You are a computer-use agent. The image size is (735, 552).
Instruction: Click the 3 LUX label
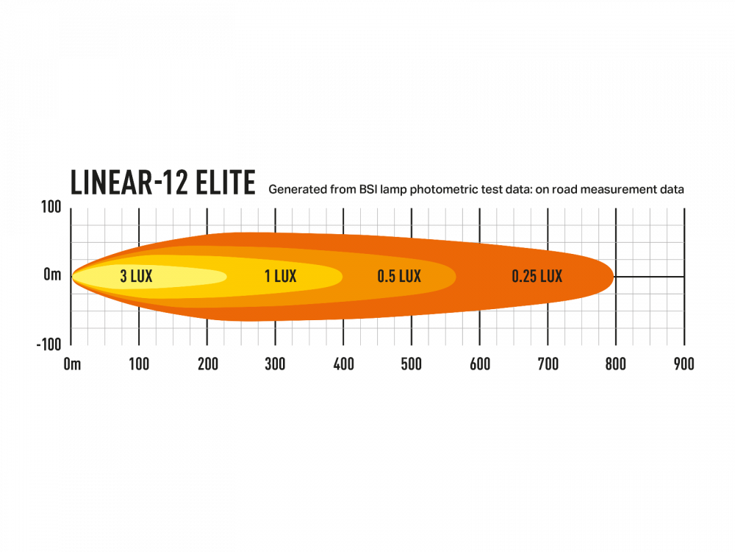(x=136, y=277)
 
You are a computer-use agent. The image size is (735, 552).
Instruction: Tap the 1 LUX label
(x=280, y=277)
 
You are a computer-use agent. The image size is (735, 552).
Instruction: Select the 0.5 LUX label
(x=399, y=277)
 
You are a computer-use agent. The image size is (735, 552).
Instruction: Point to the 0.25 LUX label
(x=537, y=277)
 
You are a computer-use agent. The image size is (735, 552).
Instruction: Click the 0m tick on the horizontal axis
(x=72, y=364)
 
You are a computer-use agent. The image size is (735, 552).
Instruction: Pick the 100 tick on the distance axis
(x=139, y=364)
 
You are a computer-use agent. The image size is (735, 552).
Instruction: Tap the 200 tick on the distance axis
(x=207, y=364)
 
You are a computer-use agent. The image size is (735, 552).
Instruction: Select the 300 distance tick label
(x=276, y=364)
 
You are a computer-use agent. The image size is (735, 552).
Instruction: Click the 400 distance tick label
(x=343, y=364)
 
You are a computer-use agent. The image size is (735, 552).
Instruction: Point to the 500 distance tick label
(x=412, y=364)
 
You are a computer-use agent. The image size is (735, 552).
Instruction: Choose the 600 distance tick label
(x=479, y=364)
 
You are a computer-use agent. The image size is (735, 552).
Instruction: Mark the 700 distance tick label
(x=548, y=364)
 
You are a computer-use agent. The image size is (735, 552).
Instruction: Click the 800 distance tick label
(x=616, y=364)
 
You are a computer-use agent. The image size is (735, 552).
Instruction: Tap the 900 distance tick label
(x=684, y=364)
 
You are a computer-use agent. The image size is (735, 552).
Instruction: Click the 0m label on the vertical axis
(x=52, y=275)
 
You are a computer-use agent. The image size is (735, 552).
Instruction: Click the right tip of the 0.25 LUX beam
(x=613, y=277)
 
